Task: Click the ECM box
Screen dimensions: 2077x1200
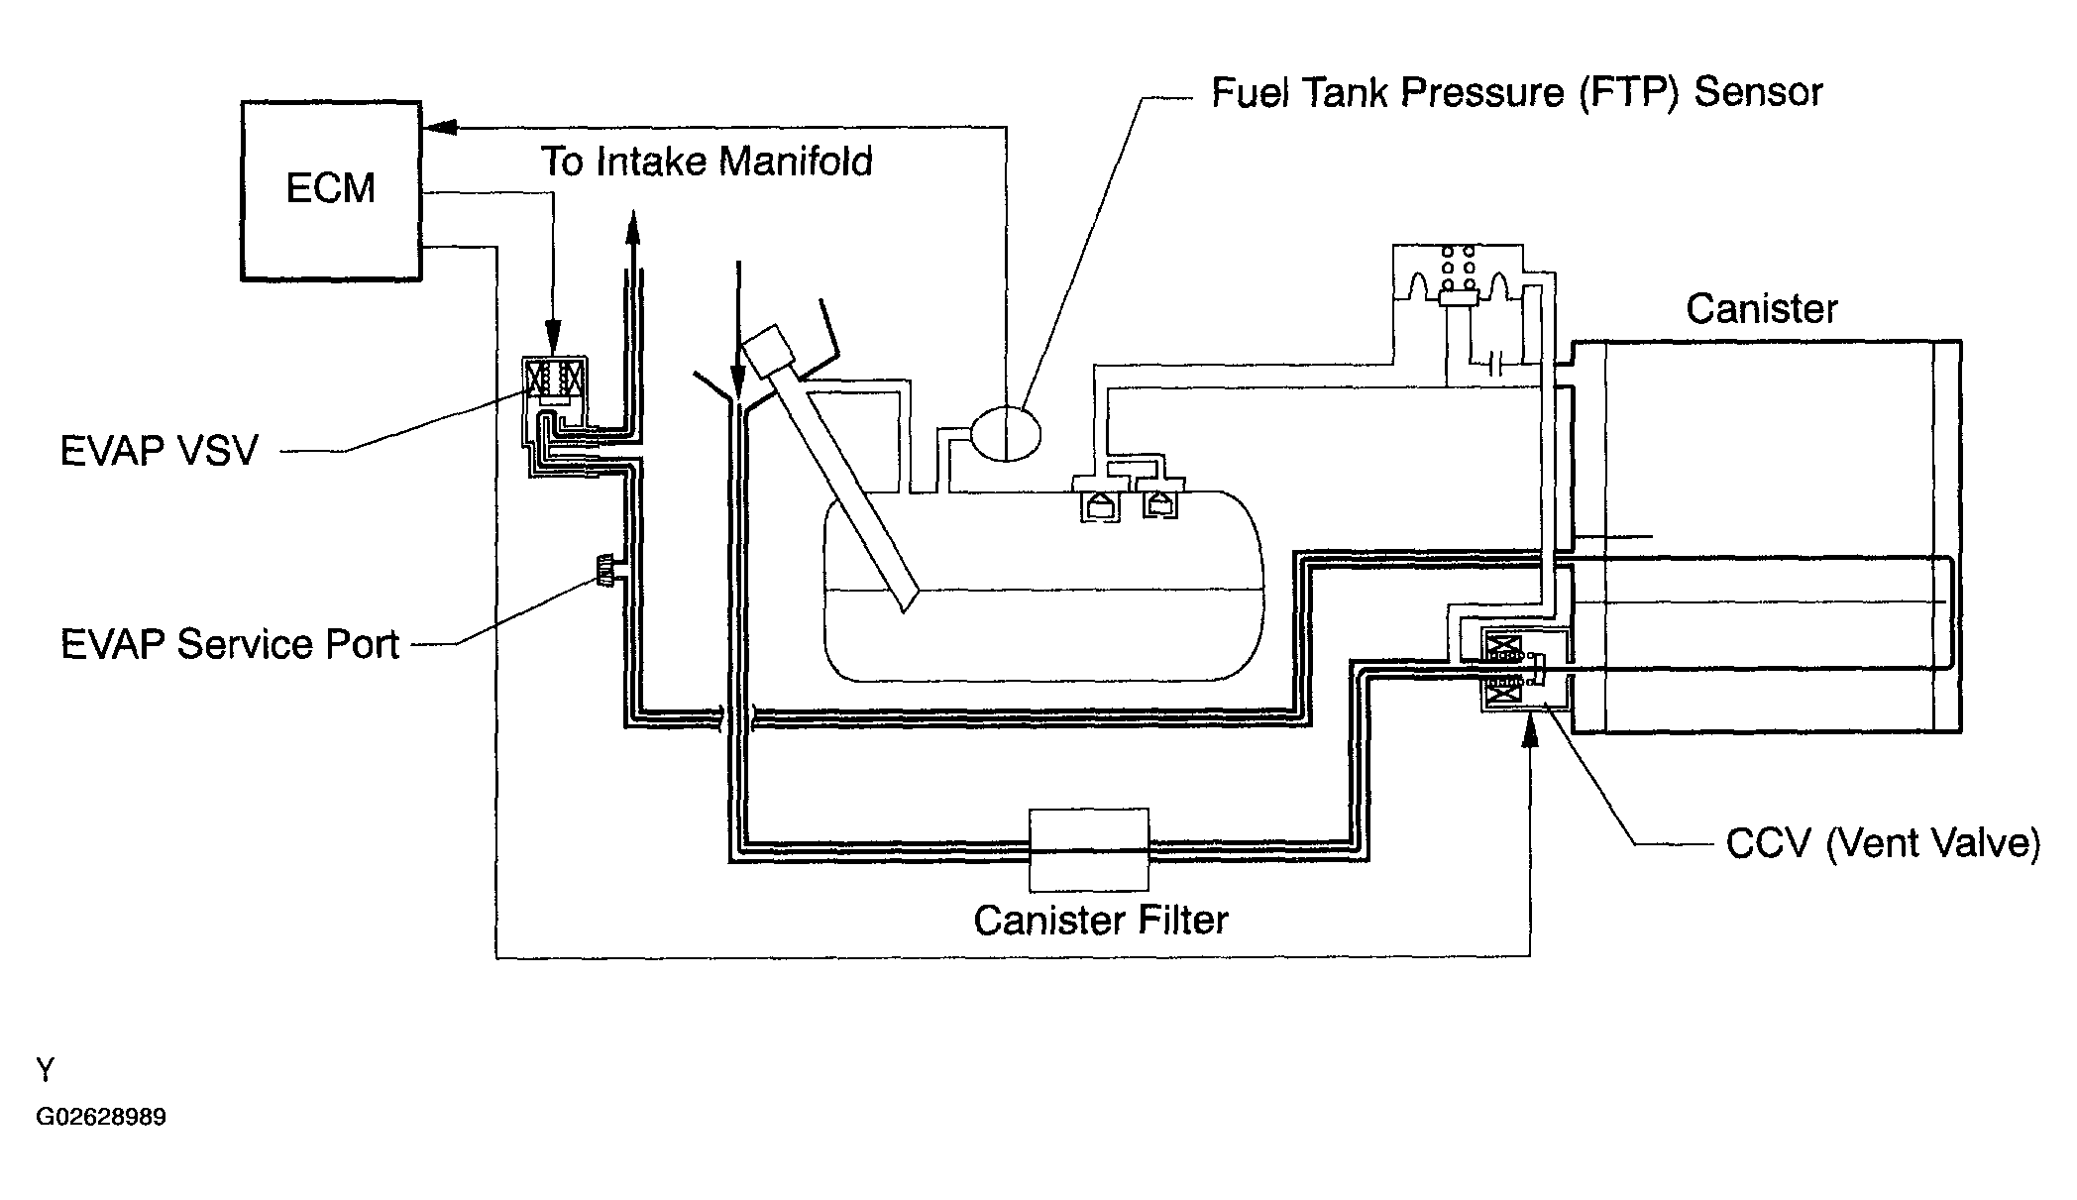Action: [x=331, y=190]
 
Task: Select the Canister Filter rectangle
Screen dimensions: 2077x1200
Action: [x=1089, y=849]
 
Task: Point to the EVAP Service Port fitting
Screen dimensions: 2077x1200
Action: [x=604, y=570]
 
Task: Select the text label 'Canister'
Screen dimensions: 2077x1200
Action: [x=1762, y=309]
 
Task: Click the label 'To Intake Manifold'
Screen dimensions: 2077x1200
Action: [x=707, y=162]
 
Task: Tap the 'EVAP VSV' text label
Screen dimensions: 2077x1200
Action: [x=160, y=451]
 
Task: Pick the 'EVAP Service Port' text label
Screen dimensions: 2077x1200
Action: [x=230, y=644]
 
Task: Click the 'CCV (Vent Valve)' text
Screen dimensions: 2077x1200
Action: [x=1883, y=843]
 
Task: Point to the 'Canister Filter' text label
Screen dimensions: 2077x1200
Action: [x=1101, y=921]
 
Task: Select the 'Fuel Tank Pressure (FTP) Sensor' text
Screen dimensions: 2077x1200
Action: [x=1517, y=92]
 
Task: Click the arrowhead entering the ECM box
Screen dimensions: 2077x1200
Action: [x=439, y=127]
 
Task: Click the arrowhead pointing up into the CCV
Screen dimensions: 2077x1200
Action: [x=1530, y=732]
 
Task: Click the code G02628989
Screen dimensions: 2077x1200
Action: [x=101, y=1118]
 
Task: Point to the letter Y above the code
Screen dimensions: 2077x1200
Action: [x=46, y=1069]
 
